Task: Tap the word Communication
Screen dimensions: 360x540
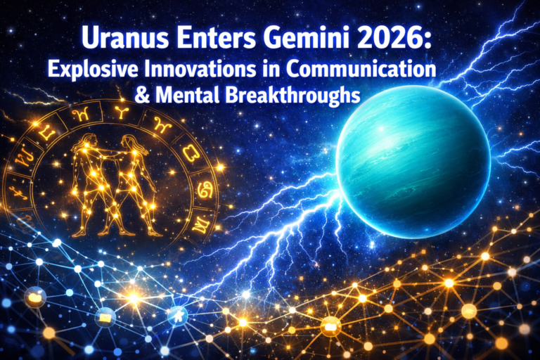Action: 366,70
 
